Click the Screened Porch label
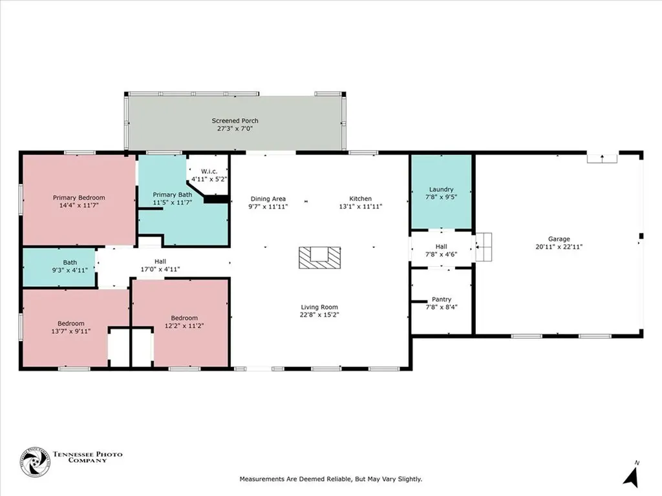click(235, 121)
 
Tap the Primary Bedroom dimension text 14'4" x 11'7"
click(79, 205)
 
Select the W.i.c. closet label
click(209, 171)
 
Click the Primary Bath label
click(172, 194)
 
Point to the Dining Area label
click(268, 199)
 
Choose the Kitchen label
click(361, 199)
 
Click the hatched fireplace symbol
click(319, 258)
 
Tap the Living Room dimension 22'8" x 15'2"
click(319, 315)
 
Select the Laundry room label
click(441, 189)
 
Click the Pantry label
click(442, 299)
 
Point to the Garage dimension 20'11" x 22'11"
click(559, 247)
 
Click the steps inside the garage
click(484, 247)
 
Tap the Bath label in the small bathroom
click(70, 262)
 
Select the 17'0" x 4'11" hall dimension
click(160, 269)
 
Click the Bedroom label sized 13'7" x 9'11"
click(71, 324)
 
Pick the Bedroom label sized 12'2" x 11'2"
click(184, 318)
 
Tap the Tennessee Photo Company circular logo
click(36, 462)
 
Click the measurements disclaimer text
click(330, 479)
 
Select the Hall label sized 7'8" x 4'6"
click(441, 246)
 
